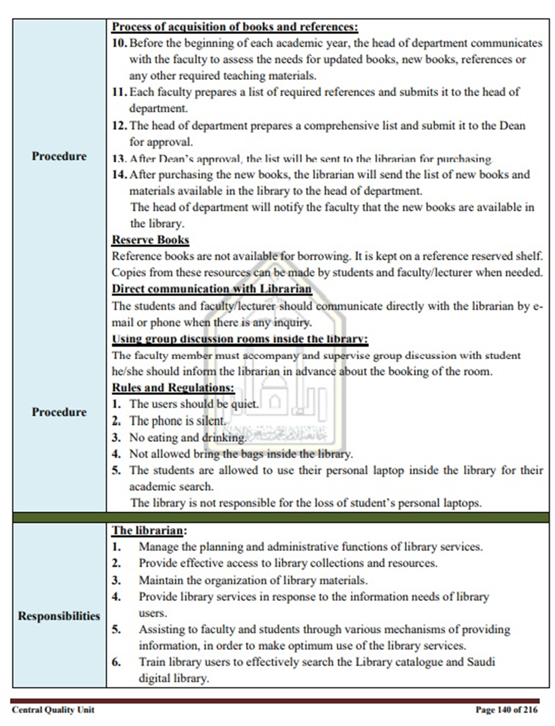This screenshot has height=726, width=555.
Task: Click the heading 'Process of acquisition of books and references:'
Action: pos(235,27)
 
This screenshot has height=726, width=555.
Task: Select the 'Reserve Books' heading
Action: pos(150,240)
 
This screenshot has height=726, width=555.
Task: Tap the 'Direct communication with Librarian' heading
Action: pos(211,289)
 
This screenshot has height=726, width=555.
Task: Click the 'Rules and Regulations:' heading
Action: pos(173,388)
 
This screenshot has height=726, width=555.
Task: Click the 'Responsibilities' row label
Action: pos(59,616)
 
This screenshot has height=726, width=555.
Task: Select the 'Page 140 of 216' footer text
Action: pos(506,710)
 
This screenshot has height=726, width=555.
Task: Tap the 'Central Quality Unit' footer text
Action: pos(53,710)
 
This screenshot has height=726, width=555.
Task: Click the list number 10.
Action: pos(119,44)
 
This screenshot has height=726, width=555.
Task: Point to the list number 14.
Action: pos(119,174)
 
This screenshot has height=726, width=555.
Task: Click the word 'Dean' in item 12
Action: pos(512,126)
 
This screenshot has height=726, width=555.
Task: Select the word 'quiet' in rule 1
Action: pos(244,404)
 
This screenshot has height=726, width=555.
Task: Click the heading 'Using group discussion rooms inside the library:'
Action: pos(240,339)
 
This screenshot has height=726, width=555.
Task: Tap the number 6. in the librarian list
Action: pos(116,662)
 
